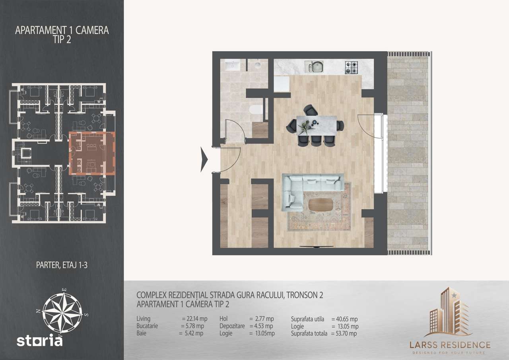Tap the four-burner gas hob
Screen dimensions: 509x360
tap(351, 67)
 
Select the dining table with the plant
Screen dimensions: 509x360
tap(317, 125)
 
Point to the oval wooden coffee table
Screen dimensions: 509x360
tap(321, 205)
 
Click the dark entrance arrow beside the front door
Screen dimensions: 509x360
tap(204, 160)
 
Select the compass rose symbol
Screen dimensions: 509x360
tap(62, 313)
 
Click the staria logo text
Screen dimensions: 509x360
tap(39, 340)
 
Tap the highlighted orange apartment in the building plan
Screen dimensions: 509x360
tap(92, 154)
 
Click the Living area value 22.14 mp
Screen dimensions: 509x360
tap(197, 319)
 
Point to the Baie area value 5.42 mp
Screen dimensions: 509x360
tap(194, 333)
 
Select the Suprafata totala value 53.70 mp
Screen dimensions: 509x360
tap(346, 333)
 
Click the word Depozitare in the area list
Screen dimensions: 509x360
tap(232, 326)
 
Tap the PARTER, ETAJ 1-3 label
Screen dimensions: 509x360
tap(62, 265)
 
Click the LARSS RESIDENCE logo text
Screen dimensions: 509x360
tap(450, 345)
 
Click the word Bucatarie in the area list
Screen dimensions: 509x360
tap(147, 326)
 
